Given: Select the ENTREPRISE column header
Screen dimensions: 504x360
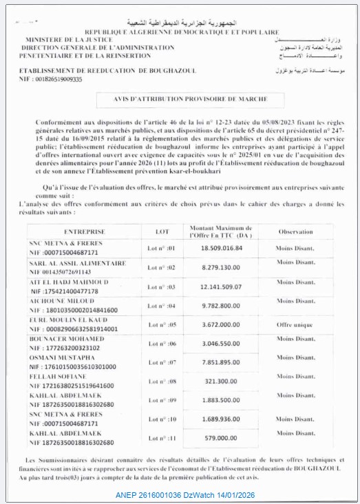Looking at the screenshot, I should pyautogui.click(x=84, y=232).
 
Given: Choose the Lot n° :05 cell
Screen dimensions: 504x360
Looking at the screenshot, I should pyautogui.click(x=162, y=324).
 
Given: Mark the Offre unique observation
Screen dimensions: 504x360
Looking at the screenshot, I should pyautogui.click(x=295, y=324).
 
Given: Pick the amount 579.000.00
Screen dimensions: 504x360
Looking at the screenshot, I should pyautogui.click(x=220, y=437).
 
